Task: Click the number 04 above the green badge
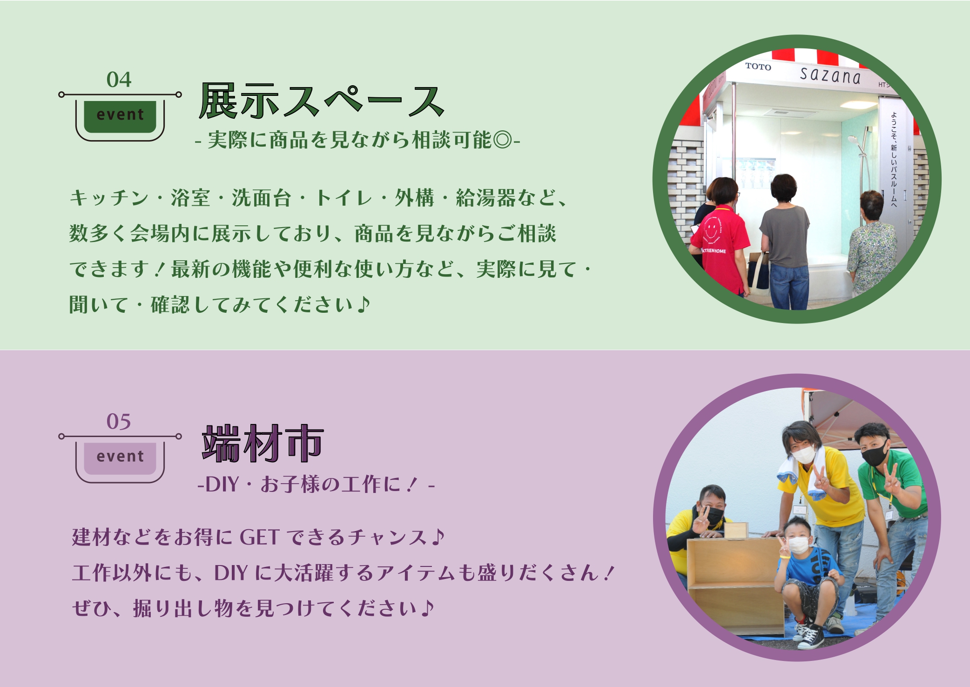pos(119,80)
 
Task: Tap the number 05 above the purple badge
pos(119,422)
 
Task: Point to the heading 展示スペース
pos(322,101)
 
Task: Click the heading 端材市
pos(263,443)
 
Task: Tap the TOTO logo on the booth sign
pos(758,67)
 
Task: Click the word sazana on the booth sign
pos(830,75)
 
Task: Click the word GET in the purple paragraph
pos(259,538)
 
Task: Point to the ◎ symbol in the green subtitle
pos(502,140)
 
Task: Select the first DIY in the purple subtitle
pos(222,485)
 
